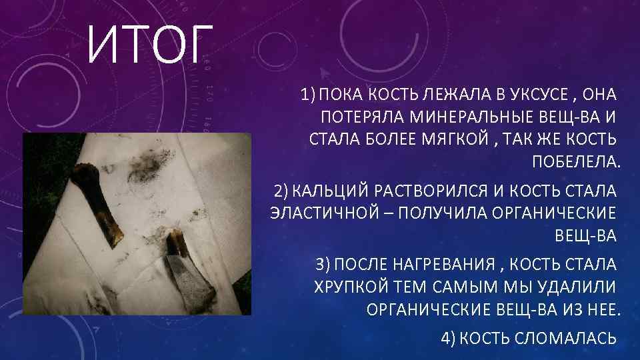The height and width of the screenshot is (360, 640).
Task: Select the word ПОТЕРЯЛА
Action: pyautogui.click(x=362, y=119)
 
